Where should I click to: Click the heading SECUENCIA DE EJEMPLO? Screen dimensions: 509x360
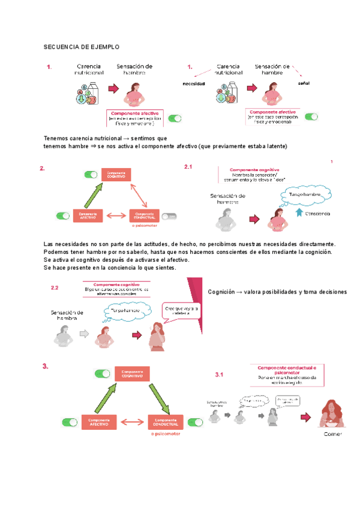82,46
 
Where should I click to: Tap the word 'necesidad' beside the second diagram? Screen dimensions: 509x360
194,83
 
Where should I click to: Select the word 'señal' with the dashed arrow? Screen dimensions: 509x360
303,83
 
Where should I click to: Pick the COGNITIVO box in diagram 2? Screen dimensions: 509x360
116,175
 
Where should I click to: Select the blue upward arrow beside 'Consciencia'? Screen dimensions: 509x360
298,213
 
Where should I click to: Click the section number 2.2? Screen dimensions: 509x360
54,288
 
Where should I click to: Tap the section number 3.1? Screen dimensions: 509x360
219,375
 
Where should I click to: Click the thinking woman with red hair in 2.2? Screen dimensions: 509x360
157,336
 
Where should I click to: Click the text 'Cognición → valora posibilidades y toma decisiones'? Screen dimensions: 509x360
277,292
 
